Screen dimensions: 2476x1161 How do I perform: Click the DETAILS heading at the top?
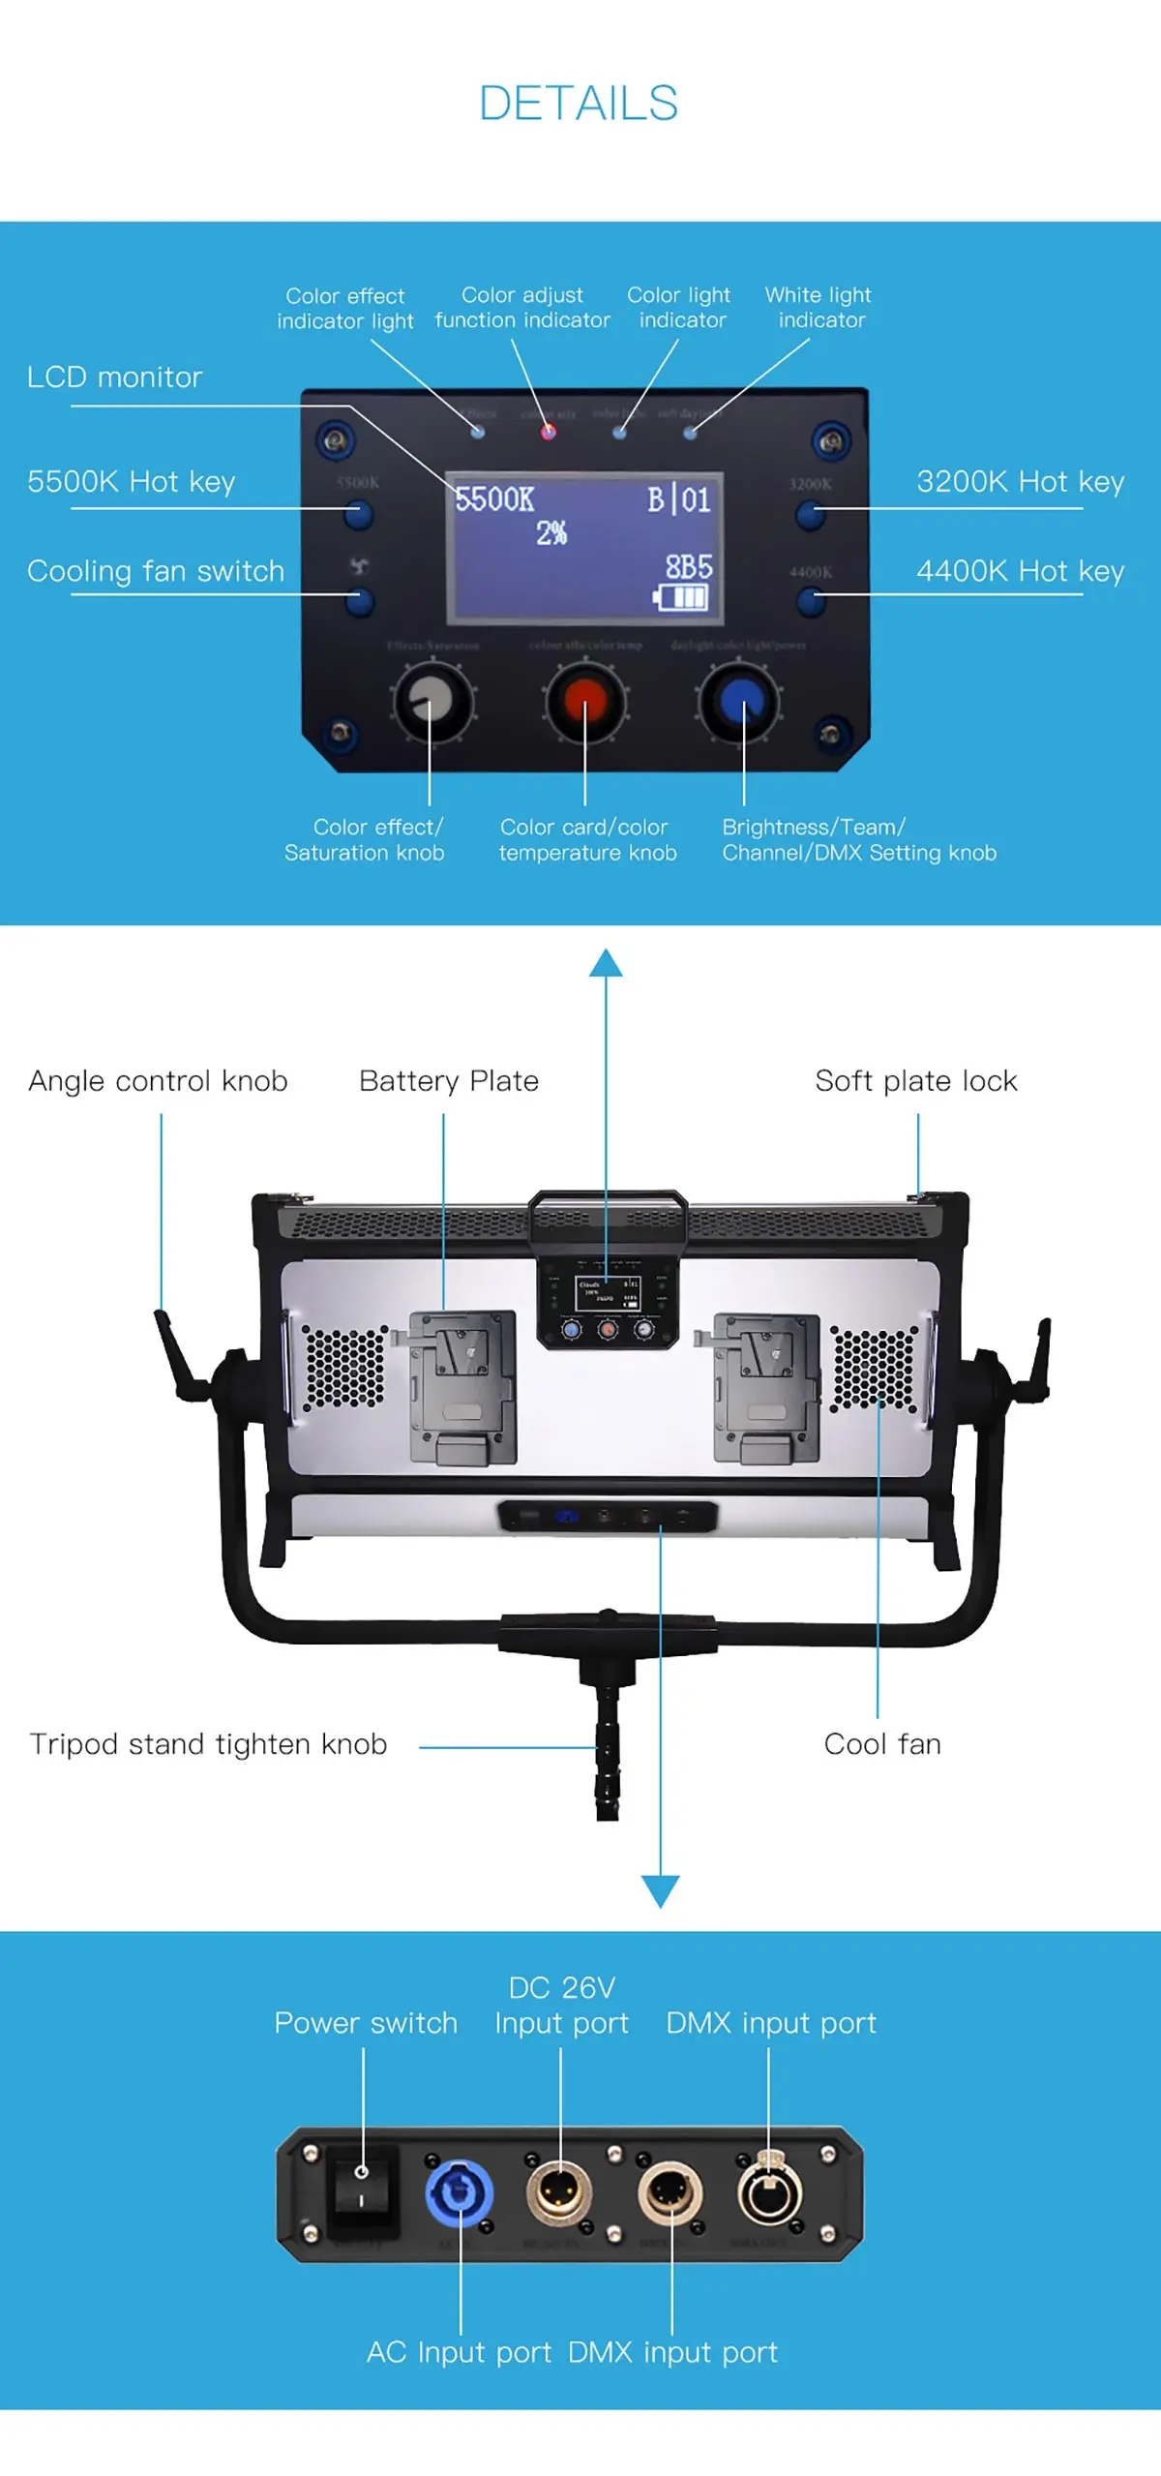click(579, 104)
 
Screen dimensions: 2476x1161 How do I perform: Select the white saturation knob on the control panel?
click(432, 701)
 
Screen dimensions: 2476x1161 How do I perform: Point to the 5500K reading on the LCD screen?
click(494, 499)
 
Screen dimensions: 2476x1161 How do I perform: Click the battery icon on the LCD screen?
click(681, 596)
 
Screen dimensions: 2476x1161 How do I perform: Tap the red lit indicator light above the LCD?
click(549, 432)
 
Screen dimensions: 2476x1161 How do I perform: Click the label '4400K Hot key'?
click(1020, 571)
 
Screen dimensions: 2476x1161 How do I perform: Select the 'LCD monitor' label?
click(115, 377)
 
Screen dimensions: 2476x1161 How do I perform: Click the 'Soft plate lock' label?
click(915, 1080)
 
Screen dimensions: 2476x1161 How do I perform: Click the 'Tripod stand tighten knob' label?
click(208, 1743)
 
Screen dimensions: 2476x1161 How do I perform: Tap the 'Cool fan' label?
click(881, 1743)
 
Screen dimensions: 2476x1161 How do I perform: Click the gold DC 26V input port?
click(559, 2191)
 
